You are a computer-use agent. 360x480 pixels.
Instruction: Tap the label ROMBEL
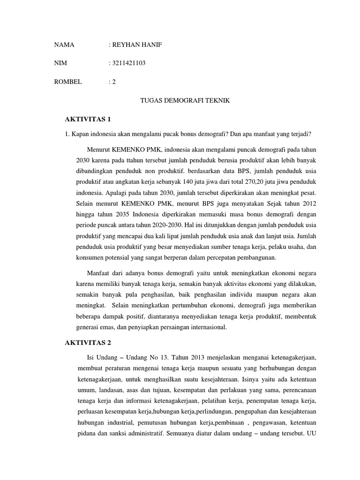click(68, 82)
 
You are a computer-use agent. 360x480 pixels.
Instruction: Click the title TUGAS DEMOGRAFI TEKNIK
click(185, 101)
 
